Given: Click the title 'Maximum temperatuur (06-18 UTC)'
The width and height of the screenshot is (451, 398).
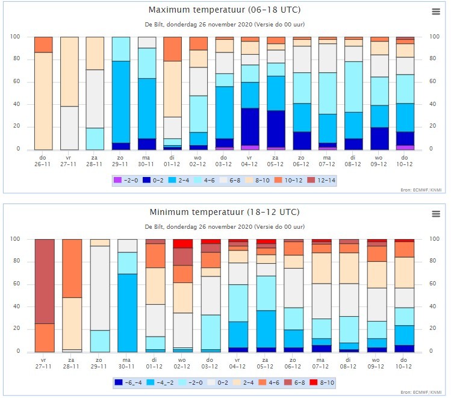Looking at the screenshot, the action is (225, 10).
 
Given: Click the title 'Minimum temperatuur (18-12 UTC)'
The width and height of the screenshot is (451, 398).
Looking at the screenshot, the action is (225, 212).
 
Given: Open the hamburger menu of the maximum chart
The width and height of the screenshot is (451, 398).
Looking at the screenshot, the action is (436, 11).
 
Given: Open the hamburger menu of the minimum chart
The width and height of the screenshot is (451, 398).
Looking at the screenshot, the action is (436, 214).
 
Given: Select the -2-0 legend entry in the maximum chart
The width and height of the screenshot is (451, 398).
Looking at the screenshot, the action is (126, 180).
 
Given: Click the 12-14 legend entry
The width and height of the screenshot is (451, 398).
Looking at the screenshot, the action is (322, 180).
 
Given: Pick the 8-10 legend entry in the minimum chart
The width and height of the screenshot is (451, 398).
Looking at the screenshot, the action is (322, 382).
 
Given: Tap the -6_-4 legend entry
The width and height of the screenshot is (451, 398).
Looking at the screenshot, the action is (128, 382).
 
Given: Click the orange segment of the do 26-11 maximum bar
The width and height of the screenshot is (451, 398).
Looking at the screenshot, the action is (43, 45).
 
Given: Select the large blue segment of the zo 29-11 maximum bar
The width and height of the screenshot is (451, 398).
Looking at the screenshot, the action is (121, 102).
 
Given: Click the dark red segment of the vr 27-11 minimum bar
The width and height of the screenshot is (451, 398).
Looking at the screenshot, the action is (45, 281).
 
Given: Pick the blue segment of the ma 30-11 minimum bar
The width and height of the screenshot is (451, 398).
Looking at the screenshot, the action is (128, 313).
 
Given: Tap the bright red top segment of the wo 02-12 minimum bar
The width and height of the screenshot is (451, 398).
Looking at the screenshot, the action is (182, 244).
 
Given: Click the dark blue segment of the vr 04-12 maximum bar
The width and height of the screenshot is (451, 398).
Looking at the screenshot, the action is (250, 127).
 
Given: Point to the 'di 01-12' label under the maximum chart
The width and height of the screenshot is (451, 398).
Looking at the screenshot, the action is (172, 161).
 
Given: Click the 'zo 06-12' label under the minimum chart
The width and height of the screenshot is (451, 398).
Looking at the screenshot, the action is (293, 363).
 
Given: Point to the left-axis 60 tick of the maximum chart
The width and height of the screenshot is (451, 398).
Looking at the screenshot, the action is (16, 81).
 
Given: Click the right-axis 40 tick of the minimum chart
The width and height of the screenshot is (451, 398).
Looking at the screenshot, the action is (432, 306).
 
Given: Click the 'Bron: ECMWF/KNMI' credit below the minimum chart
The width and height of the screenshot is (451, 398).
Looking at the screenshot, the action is (421, 392).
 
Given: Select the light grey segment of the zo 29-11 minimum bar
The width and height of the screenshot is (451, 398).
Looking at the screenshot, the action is (100, 288).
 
